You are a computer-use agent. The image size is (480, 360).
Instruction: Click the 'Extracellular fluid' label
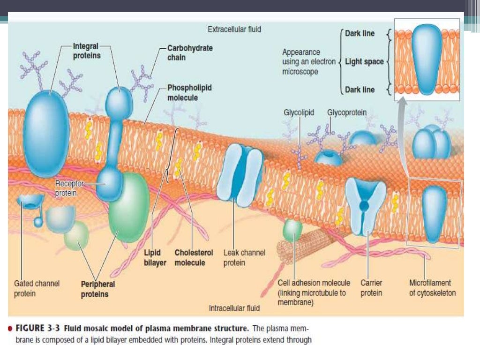click(234, 30)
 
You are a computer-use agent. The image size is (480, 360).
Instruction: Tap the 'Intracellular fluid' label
click(234, 308)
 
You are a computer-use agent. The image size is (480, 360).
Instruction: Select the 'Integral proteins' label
click(86, 51)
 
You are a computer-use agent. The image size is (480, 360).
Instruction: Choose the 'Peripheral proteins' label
click(97, 289)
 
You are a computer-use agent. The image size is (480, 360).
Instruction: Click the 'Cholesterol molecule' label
click(194, 257)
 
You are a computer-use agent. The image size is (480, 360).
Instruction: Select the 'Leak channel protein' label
click(244, 257)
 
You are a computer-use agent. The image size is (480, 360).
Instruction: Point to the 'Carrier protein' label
click(371, 288)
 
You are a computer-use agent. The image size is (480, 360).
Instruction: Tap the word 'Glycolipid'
click(299, 113)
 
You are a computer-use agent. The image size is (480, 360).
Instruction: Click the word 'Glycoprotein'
click(347, 113)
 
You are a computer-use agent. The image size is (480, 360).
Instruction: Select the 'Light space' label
click(364, 61)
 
